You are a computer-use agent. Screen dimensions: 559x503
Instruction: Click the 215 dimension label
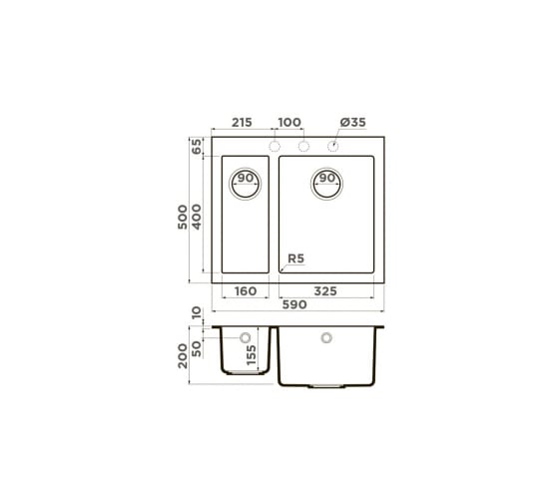pos(242,123)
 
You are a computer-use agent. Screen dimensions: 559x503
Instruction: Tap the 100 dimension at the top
pos(289,123)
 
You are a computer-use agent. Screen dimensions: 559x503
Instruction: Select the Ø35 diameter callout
pos(353,123)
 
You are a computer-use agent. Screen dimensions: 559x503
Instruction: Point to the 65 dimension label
pos(197,146)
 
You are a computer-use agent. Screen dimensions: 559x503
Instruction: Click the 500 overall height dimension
pos(183,217)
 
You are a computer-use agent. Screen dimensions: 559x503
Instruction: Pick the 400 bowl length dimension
pos(197,217)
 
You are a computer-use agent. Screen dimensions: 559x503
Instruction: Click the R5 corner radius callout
pos(295,258)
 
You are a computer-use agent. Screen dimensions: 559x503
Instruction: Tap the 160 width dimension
pos(246,291)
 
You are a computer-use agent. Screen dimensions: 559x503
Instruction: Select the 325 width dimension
pos(325,291)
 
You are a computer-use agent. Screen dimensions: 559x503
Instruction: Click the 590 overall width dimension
pos(294,304)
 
